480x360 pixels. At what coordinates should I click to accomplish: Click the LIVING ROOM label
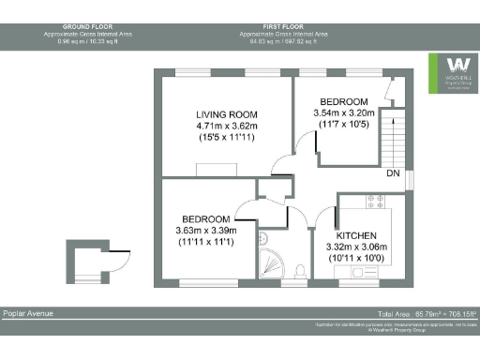pos(220,112)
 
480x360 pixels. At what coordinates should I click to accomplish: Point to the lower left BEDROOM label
pos(206,217)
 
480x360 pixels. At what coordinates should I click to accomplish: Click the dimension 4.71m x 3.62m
pos(220,125)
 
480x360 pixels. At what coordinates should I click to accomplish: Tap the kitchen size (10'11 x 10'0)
pos(356,257)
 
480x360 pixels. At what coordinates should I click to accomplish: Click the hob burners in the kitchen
pos(378,201)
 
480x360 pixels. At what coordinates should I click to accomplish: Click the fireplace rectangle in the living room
pos(215,169)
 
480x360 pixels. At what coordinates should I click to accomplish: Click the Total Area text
pos(427,312)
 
